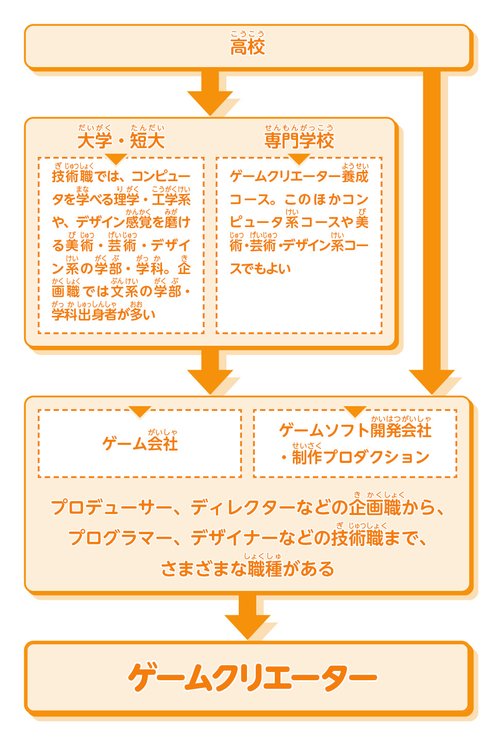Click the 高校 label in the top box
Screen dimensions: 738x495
(x=247, y=47)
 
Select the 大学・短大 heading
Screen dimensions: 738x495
(x=121, y=140)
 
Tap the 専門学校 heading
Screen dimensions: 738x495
(x=299, y=140)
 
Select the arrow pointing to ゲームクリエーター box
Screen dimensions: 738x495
(x=247, y=616)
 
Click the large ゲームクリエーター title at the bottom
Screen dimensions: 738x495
(x=253, y=677)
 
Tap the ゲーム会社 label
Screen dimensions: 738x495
(x=140, y=443)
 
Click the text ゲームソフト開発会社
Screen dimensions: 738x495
(x=355, y=430)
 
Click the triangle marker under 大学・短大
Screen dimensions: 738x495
(x=115, y=158)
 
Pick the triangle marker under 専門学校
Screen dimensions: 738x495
(x=299, y=158)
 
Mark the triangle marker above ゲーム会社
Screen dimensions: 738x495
(x=140, y=411)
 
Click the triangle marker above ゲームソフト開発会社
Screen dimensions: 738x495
(x=355, y=411)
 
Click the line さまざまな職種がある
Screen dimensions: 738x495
(x=247, y=569)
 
